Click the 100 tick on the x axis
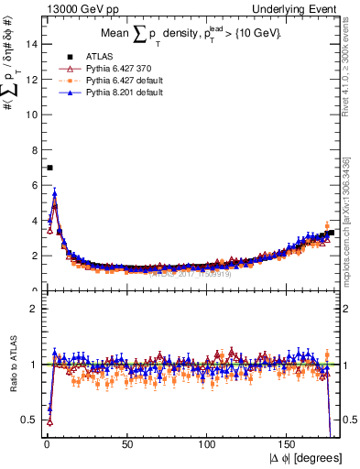[x=209, y=445]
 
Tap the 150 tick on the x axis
[x=289, y=445]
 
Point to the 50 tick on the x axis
[x=127, y=445]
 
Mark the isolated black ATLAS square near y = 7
[x=49, y=168]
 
